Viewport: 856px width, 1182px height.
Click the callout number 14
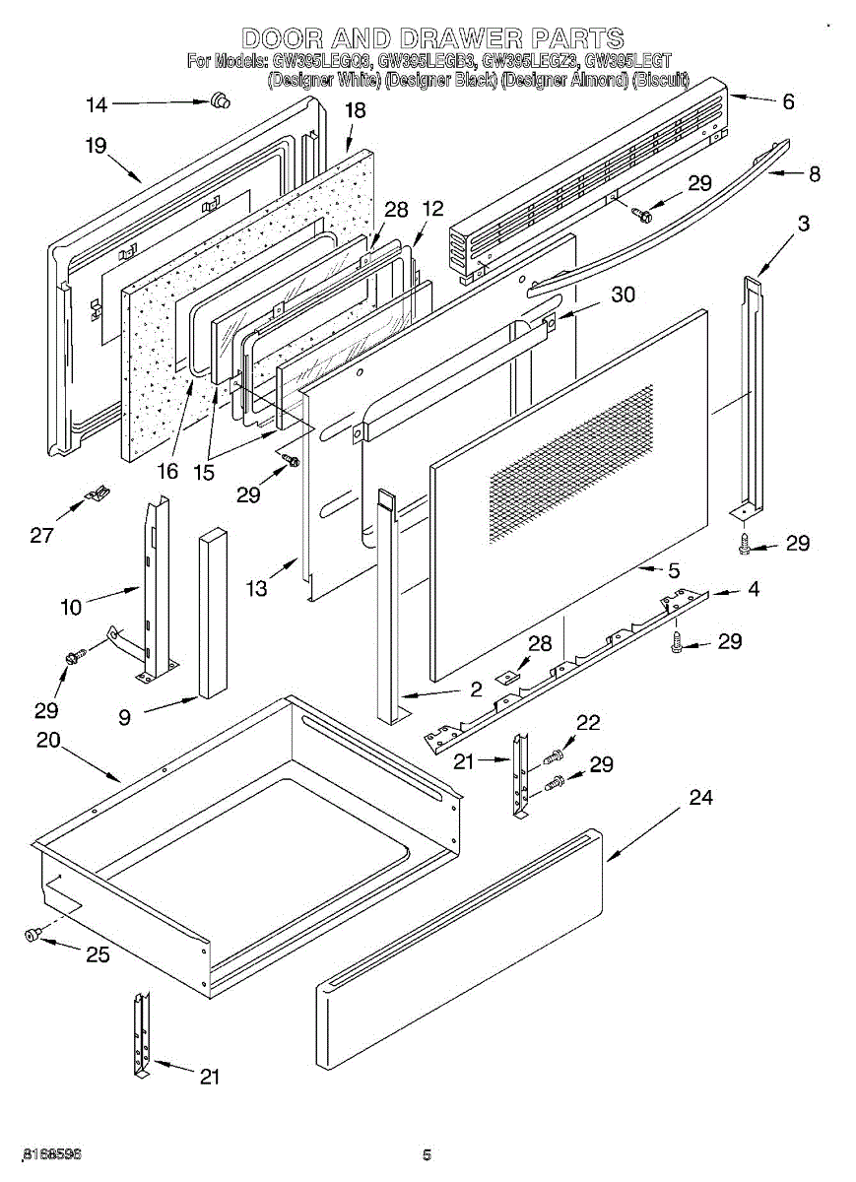(96, 104)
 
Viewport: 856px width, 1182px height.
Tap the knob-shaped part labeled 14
(220, 98)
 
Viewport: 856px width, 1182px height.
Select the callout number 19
(96, 146)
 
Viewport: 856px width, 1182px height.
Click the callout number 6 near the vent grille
(787, 100)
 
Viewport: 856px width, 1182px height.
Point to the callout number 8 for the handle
(814, 175)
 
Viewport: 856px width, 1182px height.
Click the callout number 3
(804, 224)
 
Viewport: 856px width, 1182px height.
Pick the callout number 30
(624, 294)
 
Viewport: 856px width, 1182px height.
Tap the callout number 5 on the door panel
(674, 570)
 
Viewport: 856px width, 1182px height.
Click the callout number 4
(753, 591)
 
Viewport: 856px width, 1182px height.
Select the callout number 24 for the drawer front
(700, 798)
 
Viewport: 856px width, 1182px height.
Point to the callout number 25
(98, 953)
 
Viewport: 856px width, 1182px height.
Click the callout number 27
(41, 535)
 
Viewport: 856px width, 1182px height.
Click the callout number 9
(124, 718)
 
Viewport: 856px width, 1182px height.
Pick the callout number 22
(588, 722)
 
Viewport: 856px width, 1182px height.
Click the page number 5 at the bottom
(427, 1155)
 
